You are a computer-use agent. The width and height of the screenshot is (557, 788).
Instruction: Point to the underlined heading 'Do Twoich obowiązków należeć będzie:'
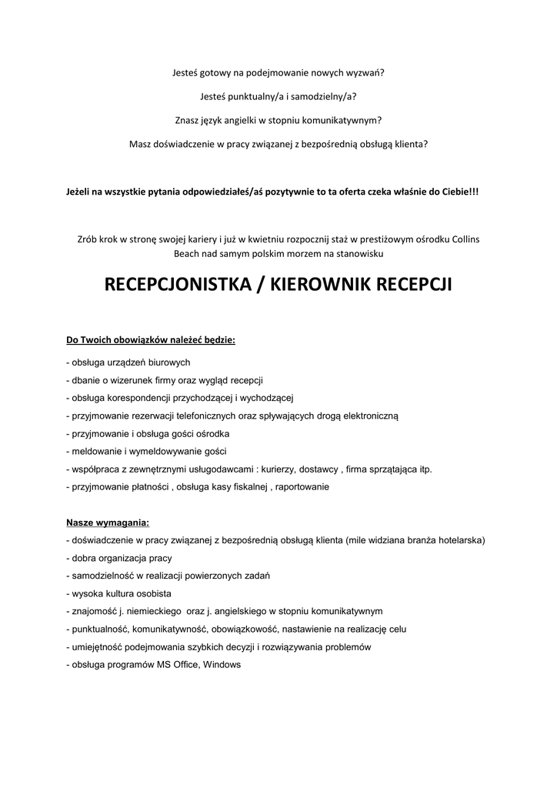click(x=151, y=339)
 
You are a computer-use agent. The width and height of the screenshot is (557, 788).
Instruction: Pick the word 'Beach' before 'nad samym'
click(x=190, y=252)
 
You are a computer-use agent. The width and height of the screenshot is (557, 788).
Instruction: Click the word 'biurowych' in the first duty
click(x=168, y=362)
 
